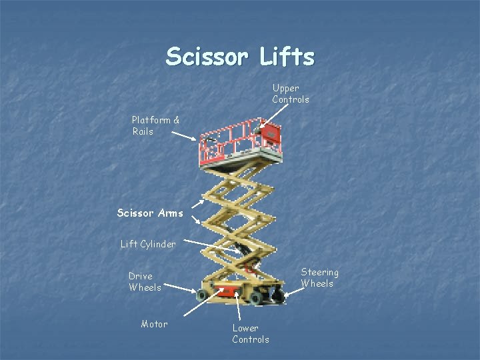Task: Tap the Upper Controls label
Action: point(290,93)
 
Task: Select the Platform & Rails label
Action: point(155,125)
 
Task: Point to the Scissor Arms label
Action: point(149,213)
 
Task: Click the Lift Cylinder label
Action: point(148,244)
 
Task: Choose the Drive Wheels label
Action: point(145,281)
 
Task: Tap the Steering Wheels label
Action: point(319,277)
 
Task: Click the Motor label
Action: point(154,324)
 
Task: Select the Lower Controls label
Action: point(251,333)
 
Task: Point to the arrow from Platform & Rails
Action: point(185,135)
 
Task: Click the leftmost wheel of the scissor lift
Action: point(202,295)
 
